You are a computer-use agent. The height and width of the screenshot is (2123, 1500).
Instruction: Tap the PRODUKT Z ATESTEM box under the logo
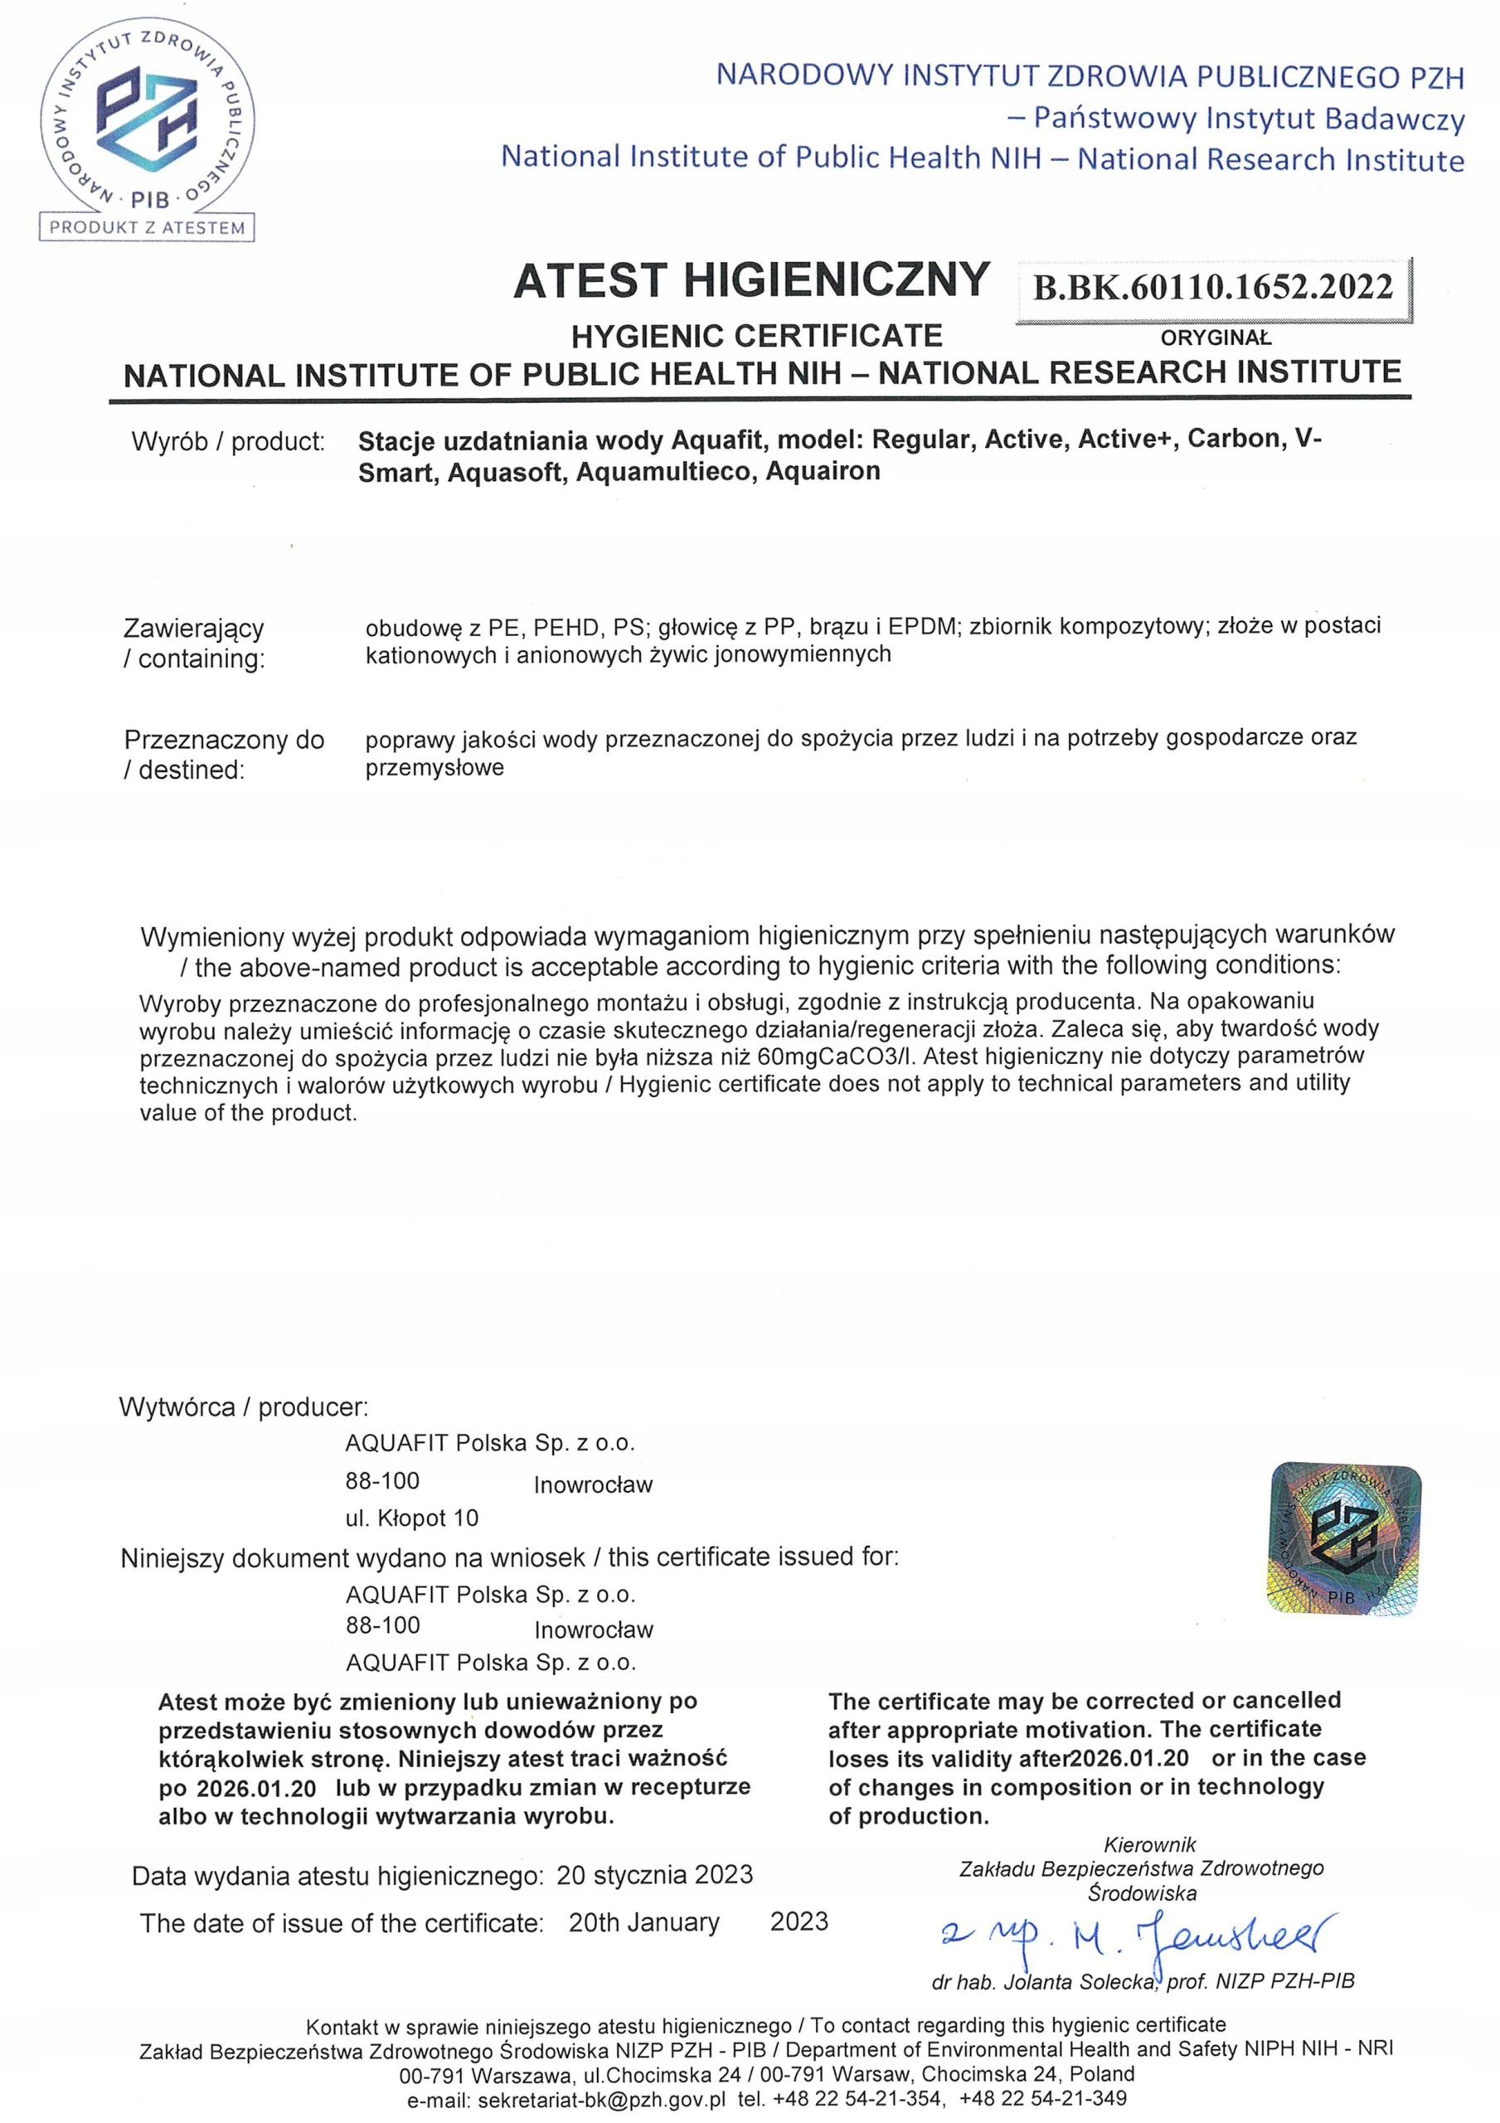click(x=147, y=227)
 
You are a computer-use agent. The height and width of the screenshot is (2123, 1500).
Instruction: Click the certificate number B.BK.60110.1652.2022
click(x=1212, y=288)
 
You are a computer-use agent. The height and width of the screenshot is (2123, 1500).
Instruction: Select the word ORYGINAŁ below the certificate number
click(x=1215, y=338)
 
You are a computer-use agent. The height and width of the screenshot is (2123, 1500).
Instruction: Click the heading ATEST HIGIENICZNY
click(x=751, y=280)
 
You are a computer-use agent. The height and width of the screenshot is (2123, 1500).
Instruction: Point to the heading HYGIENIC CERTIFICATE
click(x=756, y=336)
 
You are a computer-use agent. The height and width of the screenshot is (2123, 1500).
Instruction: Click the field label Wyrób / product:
click(x=228, y=442)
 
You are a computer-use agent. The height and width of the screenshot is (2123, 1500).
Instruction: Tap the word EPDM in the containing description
click(x=921, y=627)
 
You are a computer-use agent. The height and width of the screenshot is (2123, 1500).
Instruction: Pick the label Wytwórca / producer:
click(x=243, y=1407)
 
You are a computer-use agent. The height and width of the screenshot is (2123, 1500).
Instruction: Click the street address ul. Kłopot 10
click(x=411, y=1518)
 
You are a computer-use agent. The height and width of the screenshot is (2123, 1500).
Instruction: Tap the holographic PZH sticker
click(x=1344, y=1538)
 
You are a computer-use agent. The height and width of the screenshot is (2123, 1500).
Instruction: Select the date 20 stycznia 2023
click(x=654, y=1874)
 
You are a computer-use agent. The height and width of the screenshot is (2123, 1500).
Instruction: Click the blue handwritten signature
click(x=1138, y=1936)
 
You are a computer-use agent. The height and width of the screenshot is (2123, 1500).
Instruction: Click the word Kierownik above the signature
click(x=1149, y=1844)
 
